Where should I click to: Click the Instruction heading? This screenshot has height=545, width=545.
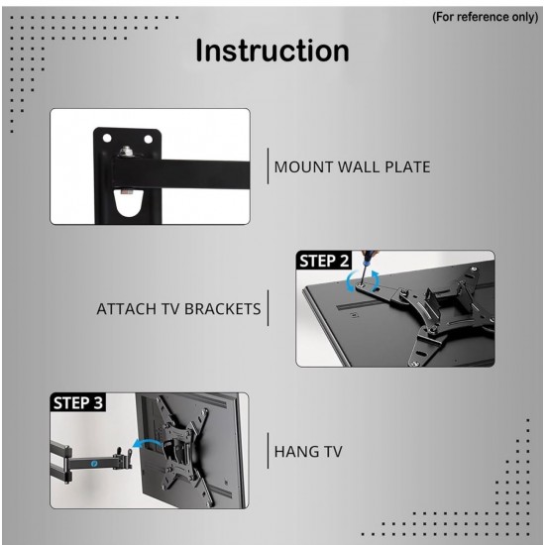272,52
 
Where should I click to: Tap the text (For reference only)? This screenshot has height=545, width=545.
486,17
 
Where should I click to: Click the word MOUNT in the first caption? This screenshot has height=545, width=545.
304,167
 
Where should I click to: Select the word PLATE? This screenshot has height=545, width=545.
407,167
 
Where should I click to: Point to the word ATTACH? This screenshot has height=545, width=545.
127,309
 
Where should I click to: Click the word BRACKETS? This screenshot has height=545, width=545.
222,309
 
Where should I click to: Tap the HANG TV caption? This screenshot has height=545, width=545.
308,452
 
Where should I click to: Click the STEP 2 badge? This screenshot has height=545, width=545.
324,261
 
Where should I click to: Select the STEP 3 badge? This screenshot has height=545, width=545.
78,403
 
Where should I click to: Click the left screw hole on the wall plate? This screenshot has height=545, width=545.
107,139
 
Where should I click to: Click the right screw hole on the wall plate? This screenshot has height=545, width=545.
148,140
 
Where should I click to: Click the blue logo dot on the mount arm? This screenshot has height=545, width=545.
93,464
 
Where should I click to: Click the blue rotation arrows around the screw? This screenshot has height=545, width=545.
363,280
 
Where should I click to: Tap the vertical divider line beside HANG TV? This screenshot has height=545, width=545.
268,451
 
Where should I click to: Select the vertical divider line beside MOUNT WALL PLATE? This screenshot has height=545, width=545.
268,165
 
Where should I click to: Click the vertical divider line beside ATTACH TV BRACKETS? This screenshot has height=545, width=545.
268,308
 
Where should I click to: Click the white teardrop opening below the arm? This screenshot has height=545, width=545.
128,203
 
